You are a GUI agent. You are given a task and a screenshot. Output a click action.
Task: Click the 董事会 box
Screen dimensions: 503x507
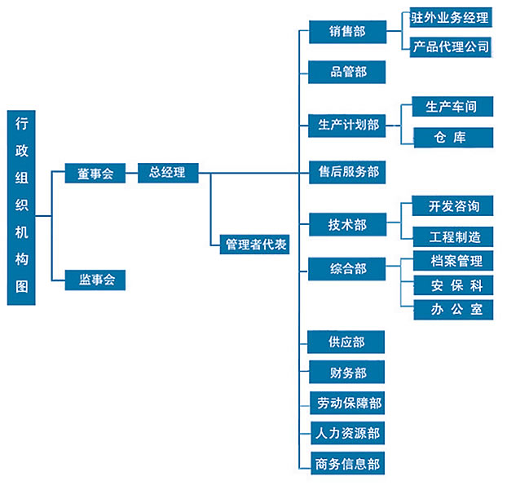pyautogui.click(x=95, y=174)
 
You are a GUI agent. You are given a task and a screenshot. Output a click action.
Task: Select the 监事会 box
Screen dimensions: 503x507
pyautogui.click(x=95, y=280)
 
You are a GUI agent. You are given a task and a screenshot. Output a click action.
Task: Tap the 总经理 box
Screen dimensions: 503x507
pyautogui.click(x=167, y=173)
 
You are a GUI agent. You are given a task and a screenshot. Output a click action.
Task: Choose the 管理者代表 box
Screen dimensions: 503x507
pyautogui.click(x=254, y=245)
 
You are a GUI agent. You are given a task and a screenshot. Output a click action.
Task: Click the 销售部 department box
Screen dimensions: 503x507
pyautogui.click(x=347, y=32)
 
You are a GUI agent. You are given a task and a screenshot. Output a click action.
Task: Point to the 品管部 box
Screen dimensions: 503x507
pyautogui.click(x=347, y=73)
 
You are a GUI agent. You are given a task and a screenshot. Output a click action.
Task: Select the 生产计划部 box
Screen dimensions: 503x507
pyautogui.click(x=347, y=126)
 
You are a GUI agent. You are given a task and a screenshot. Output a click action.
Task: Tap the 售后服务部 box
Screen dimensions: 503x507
pyautogui.click(x=347, y=173)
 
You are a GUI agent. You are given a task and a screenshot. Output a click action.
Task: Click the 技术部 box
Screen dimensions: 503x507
pyautogui.click(x=347, y=224)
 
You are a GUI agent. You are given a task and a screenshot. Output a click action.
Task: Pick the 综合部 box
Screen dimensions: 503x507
pyautogui.click(x=347, y=269)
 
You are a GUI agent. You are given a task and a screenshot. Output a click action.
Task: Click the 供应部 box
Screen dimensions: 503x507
pyautogui.click(x=347, y=342)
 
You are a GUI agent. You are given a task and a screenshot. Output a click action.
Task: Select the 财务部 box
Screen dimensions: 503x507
pyautogui.click(x=347, y=373)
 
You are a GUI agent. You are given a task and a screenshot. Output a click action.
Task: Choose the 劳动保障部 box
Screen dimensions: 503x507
pyautogui.click(x=347, y=403)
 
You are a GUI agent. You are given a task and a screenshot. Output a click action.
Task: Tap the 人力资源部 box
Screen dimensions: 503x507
pyautogui.click(x=347, y=434)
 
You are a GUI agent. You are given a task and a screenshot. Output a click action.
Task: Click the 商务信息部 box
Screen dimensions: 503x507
pyautogui.click(x=347, y=465)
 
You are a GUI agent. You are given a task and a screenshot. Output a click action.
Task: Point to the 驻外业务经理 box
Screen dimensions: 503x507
pyautogui.click(x=451, y=18)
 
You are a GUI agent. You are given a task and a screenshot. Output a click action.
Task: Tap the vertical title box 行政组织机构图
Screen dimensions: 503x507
pyautogui.click(x=22, y=207)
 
